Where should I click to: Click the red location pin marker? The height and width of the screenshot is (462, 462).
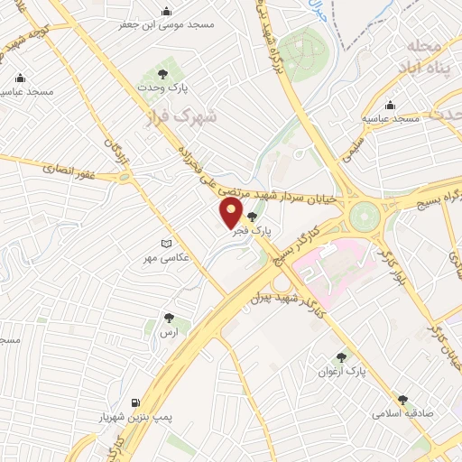click(x=232, y=213)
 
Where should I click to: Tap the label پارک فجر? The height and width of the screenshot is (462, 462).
click(x=252, y=232)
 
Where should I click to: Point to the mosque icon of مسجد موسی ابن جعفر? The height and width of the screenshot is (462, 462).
click(x=166, y=12)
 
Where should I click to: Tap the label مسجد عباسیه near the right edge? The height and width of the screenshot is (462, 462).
click(x=391, y=119)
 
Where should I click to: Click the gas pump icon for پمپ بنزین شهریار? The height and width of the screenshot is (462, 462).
click(x=135, y=402)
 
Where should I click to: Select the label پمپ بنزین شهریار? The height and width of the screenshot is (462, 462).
click(x=135, y=419)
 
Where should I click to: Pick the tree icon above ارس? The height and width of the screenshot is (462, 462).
click(x=169, y=318)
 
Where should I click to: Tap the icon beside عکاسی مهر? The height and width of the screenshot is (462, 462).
click(x=164, y=243)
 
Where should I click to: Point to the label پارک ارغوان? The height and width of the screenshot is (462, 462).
click(x=340, y=371)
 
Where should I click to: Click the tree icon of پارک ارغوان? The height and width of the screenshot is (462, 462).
click(x=340, y=356)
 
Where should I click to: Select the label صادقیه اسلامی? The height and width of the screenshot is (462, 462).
click(x=402, y=413)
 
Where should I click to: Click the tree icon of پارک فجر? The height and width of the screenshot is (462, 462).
click(x=252, y=217)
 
